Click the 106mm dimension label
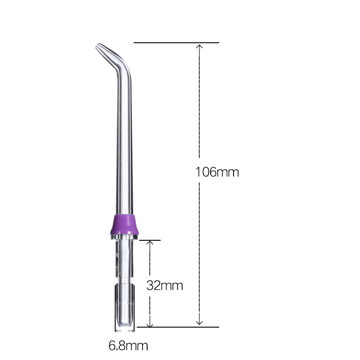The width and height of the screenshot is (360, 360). [x=217, y=172]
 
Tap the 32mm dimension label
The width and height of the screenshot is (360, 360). [x=165, y=285]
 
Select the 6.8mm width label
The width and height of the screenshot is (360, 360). [x=128, y=346]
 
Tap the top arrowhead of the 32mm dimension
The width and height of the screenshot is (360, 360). [x=151, y=243]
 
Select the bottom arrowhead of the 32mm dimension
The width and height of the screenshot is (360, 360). [x=151, y=324]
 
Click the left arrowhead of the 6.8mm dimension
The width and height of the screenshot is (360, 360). [x=117, y=332]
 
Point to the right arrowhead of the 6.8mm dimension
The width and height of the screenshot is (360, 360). [x=133, y=332]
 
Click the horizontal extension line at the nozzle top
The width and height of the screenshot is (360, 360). [x=176, y=43]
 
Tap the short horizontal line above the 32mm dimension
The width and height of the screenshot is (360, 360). [x=149, y=240]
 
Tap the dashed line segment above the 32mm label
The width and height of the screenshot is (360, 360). [x=151, y=261]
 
